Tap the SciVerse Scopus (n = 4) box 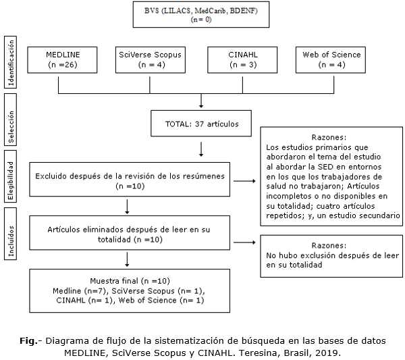(149, 59)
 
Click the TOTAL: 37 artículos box (201, 124)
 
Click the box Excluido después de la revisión (126, 180)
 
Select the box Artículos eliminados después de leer (126, 234)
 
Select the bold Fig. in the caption (27, 340)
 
